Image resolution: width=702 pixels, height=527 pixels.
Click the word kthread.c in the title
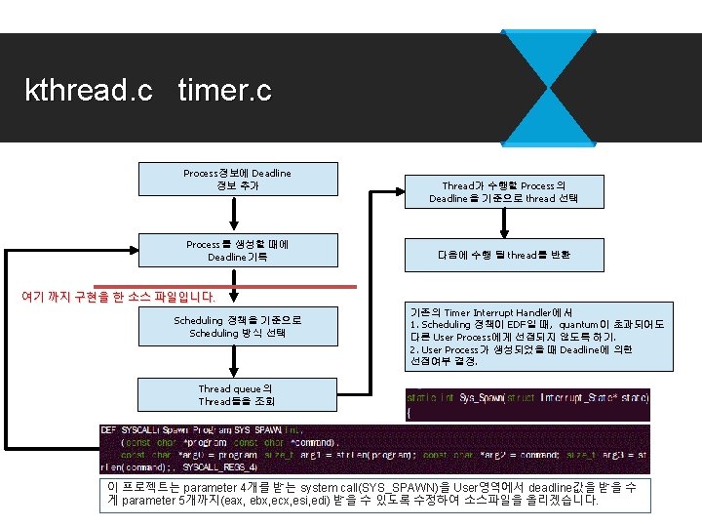89,92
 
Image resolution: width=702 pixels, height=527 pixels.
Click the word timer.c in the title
224,92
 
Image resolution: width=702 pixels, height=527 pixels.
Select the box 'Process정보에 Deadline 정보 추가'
237,180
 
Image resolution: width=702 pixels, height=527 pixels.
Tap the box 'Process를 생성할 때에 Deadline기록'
237,251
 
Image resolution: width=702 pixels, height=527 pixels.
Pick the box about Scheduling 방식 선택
237,326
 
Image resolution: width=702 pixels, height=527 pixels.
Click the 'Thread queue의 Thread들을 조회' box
237,395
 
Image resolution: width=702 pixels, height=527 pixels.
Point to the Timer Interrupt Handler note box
537,337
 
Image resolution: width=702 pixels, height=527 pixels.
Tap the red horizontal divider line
292,287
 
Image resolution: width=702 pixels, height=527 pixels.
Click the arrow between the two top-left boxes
235,215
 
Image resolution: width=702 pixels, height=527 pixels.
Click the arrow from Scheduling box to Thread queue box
235,361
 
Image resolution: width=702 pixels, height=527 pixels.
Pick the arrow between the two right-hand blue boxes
504,223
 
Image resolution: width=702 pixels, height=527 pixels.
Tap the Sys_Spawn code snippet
527,404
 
